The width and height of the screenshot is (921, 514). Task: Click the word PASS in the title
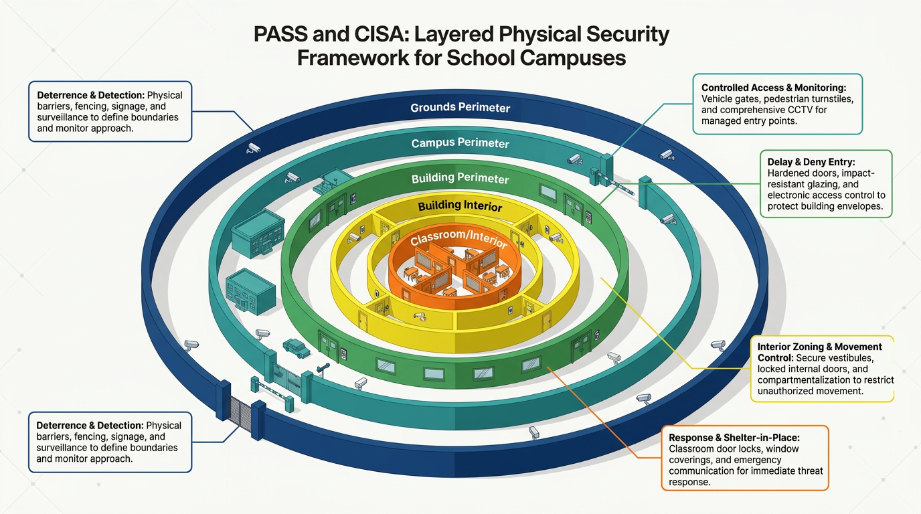pos(280,34)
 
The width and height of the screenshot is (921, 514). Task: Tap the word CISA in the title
pos(379,34)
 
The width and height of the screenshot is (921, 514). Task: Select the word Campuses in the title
pos(573,58)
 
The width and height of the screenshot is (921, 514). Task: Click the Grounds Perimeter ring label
pos(460,107)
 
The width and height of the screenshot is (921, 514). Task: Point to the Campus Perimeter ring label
pos(460,143)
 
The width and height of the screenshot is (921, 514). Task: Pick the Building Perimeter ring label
pos(460,178)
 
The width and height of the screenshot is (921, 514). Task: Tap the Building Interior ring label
pos(460,205)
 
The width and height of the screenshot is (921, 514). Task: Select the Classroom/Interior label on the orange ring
pos(458,238)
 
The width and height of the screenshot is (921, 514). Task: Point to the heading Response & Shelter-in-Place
pos(734,438)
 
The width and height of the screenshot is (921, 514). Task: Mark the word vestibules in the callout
pos(853,358)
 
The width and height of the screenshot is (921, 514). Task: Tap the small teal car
pos(297,348)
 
